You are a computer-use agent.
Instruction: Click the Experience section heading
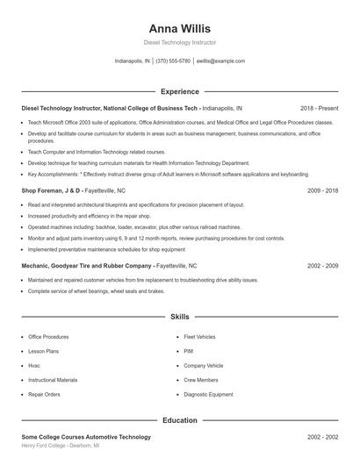179,91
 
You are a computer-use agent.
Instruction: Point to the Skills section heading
179,316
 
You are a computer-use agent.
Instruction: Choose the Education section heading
179,420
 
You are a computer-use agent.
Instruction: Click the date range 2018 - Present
319,108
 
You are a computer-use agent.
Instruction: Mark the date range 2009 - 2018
322,190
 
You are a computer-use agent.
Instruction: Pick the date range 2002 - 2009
322,264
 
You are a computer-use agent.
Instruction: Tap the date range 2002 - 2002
322,436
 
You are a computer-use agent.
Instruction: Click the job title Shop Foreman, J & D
51,190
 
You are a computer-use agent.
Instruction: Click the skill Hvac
34,365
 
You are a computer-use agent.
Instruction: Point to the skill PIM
188,351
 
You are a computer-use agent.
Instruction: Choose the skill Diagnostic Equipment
208,395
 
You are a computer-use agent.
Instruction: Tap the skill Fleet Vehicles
199,336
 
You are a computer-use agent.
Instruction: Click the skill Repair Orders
45,395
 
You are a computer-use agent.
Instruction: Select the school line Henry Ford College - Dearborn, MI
60,446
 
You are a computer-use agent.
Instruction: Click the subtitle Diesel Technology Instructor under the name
180,42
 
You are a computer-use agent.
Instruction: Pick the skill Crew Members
201,380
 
